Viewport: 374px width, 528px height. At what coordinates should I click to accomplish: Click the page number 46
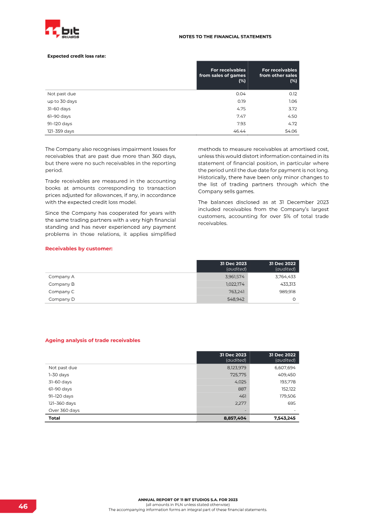[23, 507]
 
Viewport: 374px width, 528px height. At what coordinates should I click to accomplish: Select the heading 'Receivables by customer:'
[79, 249]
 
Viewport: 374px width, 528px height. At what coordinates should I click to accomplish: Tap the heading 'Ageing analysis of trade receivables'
[93, 340]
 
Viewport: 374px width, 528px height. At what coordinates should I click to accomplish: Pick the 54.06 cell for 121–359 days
[291, 131]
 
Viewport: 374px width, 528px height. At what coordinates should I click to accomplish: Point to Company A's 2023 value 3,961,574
[235, 276]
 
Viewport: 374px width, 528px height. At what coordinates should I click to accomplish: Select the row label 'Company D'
[62, 299]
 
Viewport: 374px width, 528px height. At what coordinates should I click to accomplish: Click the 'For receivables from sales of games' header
[223, 75]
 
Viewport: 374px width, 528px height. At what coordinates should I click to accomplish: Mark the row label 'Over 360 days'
[64, 410]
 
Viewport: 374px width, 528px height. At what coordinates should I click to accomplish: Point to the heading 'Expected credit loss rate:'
[76, 56]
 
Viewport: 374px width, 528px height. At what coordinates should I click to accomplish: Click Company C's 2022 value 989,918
[285, 291]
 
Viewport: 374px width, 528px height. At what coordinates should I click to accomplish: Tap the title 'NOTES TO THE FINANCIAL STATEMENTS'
[225, 36]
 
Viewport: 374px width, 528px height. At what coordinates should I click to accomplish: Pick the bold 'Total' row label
[54, 418]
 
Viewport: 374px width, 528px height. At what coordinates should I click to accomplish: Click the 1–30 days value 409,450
[285, 375]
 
